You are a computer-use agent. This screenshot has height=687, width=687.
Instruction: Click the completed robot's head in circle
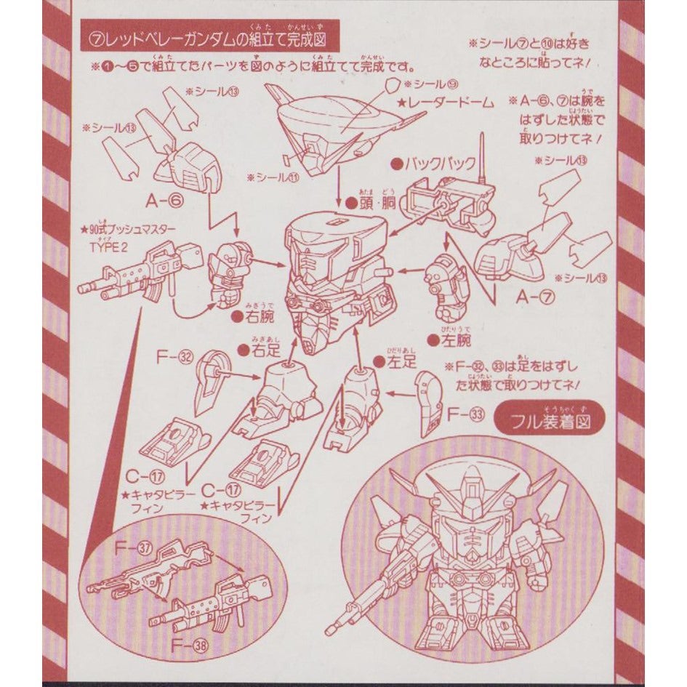point(473,523)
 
